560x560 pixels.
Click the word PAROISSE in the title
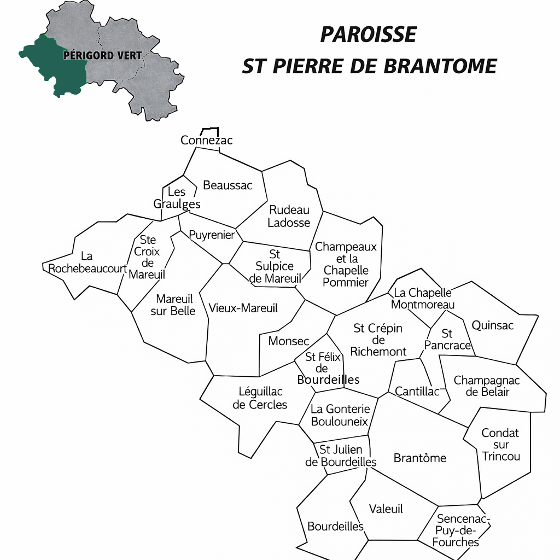click(x=368, y=35)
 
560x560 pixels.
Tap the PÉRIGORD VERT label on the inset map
click(x=103, y=55)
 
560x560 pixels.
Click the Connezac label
click(x=207, y=141)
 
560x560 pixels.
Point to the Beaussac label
click(x=227, y=185)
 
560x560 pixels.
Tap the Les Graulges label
click(x=177, y=198)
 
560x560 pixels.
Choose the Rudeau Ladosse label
click(x=289, y=216)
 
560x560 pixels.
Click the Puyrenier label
click(x=212, y=235)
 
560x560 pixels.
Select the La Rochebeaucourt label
click(x=87, y=262)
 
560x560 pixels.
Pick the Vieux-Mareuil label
click(x=243, y=308)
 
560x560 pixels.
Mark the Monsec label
click(x=289, y=341)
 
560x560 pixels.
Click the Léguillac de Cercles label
click(x=260, y=398)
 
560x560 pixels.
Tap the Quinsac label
click(x=493, y=325)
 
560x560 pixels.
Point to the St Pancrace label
click(x=447, y=340)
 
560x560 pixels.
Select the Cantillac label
click(x=417, y=392)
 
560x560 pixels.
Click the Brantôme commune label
click(x=420, y=458)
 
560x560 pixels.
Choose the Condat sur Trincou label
click(x=500, y=445)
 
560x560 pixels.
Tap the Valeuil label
click(x=386, y=509)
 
